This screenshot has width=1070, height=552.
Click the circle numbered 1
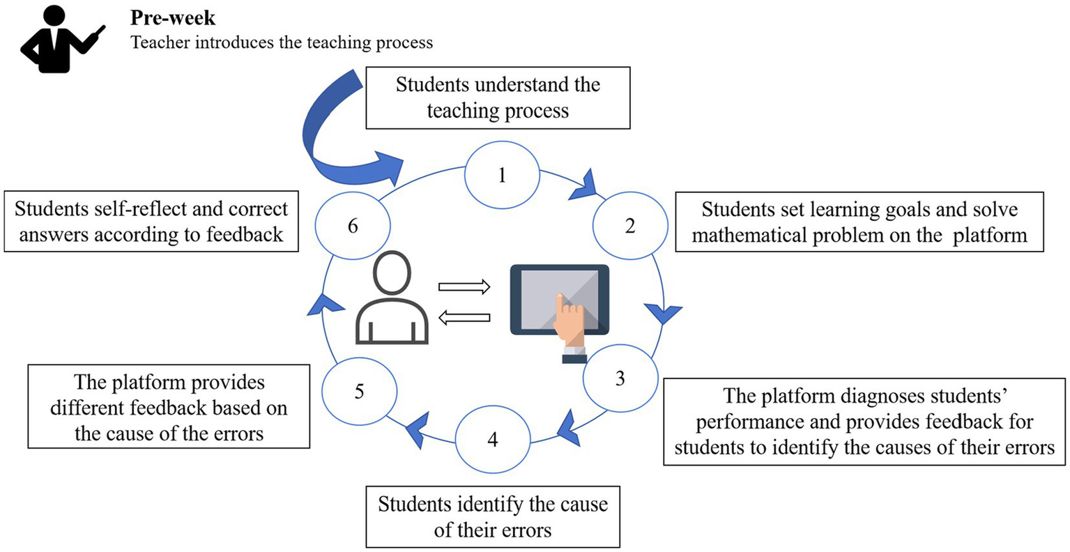(502, 175)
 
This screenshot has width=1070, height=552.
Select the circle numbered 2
(629, 226)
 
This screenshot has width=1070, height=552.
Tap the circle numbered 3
(620, 378)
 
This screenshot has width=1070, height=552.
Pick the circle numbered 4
(493, 440)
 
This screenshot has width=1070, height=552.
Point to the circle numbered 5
(359, 391)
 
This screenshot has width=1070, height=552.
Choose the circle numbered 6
(353, 226)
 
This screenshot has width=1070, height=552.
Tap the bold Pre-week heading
(173, 18)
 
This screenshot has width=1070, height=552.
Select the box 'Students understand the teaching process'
(498, 98)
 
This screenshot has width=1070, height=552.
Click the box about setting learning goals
(859, 222)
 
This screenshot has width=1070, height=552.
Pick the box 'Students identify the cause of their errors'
(493, 516)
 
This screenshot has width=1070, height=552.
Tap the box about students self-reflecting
(151, 222)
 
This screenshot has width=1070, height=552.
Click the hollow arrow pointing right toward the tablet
(464, 286)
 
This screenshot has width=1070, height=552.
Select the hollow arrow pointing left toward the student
(464, 318)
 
